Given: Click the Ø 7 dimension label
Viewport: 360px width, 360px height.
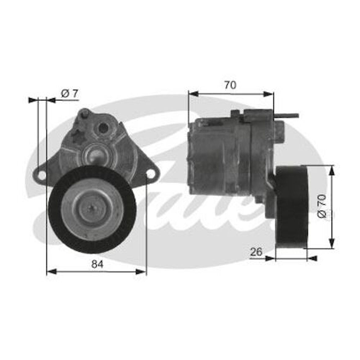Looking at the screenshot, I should tap(70, 94).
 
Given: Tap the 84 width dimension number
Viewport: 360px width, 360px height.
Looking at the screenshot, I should tap(98, 264).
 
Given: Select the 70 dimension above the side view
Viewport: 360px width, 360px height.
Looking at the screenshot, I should tap(230, 85).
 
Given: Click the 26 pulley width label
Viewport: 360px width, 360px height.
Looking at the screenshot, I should tap(256, 252).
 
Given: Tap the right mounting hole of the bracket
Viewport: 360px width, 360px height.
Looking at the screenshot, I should tap(150, 174).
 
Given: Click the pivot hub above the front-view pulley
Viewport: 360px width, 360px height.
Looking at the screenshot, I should tap(95, 154).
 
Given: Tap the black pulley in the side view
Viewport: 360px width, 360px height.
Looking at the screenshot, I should tap(291, 207).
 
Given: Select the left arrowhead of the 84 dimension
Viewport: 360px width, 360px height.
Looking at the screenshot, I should tap(50, 271).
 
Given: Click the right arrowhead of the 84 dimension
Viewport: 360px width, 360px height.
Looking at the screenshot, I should tap(143, 271).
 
